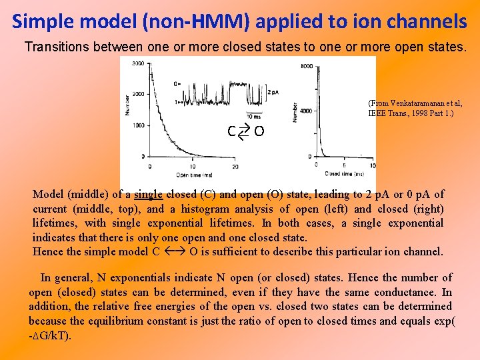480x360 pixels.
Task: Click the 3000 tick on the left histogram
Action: pos(137,63)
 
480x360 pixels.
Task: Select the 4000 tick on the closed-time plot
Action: pos(306,111)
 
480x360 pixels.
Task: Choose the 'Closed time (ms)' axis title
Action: pos(344,174)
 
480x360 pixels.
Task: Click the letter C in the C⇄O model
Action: pos(231,132)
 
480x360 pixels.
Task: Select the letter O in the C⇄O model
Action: pos(259,132)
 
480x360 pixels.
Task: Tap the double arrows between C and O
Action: pos(244,132)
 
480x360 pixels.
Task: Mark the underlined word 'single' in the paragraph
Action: pos(148,195)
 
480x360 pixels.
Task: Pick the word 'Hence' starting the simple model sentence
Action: pos(47,252)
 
